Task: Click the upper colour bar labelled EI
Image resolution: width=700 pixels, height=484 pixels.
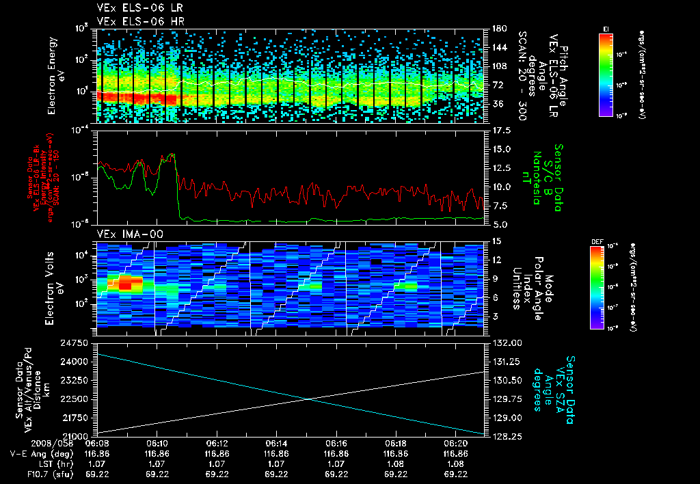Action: coord(606,75)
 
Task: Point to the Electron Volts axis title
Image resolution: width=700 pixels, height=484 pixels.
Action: coord(53,284)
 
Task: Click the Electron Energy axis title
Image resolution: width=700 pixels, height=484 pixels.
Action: coord(53,75)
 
